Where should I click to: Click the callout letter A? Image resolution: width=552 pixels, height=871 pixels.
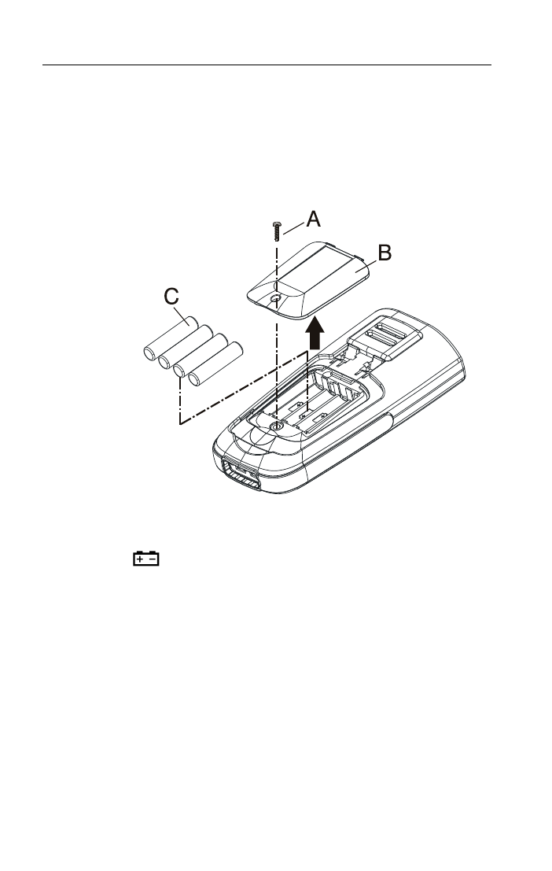(x=313, y=219)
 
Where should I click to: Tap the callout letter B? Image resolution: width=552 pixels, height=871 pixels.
(x=385, y=253)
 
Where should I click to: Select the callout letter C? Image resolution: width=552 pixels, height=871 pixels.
(x=171, y=297)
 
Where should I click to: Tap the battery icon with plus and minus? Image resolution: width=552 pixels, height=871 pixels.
(x=146, y=559)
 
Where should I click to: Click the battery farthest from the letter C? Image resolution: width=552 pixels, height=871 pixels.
(x=215, y=364)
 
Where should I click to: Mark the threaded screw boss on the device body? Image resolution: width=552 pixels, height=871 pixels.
(x=276, y=426)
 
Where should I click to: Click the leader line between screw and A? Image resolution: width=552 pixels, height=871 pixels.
(x=294, y=227)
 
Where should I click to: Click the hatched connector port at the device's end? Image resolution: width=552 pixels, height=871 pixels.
(x=241, y=475)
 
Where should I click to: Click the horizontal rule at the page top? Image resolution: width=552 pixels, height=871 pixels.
(x=267, y=65)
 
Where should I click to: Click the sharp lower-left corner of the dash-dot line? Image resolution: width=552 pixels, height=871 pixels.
(x=180, y=424)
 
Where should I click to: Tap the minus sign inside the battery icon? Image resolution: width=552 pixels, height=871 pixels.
(x=153, y=559)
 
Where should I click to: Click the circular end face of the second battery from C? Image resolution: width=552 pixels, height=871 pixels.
(x=165, y=362)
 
